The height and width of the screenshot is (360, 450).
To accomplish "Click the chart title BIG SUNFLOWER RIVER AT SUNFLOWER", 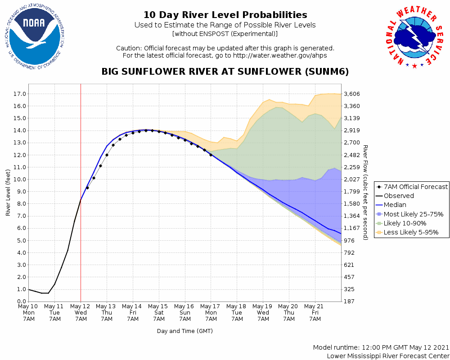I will (225, 72).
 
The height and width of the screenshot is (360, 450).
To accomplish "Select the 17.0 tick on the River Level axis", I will (19, 94).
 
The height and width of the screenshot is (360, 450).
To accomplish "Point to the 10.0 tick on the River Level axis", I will (19, 179).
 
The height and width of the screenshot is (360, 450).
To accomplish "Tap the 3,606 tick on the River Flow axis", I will (353, 94).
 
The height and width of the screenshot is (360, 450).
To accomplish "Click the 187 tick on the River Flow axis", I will (350, 301).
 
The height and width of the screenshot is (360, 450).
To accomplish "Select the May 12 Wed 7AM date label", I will (81, 313).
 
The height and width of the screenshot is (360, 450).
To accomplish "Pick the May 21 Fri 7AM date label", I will (315, 313).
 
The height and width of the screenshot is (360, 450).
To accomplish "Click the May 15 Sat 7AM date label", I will (159, 313).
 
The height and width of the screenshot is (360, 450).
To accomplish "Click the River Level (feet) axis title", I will (8, 193).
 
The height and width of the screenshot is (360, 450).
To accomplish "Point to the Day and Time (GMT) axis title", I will (184, 331).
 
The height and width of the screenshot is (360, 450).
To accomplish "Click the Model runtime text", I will (380, 348).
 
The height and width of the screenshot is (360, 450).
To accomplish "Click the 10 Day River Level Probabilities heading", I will (225, 15).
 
